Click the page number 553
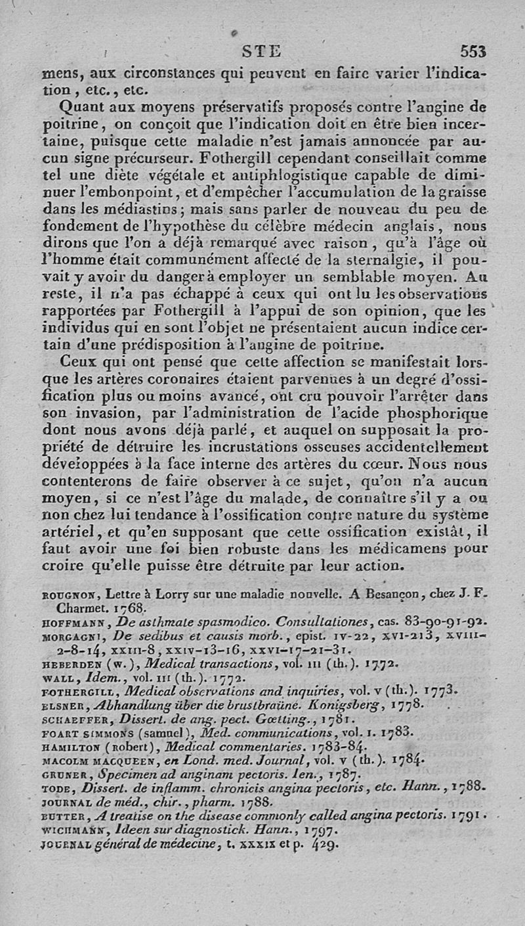(472, 52)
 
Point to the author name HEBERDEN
(70, 666)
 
